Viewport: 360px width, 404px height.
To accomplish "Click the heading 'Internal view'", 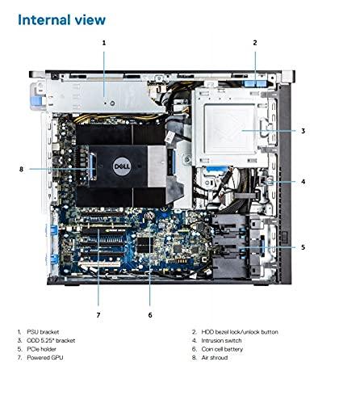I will click(61, 18).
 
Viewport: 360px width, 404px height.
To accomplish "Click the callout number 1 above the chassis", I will click(103, 41).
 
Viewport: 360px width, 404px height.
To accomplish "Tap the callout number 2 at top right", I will click(254, 41).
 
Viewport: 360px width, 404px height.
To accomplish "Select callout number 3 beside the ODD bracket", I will click(303, 130).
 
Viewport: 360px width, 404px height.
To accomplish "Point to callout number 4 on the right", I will click(303, 182).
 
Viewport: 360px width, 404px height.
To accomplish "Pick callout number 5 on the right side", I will click(303, 247).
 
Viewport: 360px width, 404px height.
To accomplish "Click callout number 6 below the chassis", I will click(149, 314).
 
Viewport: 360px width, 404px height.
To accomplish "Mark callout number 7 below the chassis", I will click(98, 314).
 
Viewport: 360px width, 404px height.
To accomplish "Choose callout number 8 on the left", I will click(20, 169).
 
